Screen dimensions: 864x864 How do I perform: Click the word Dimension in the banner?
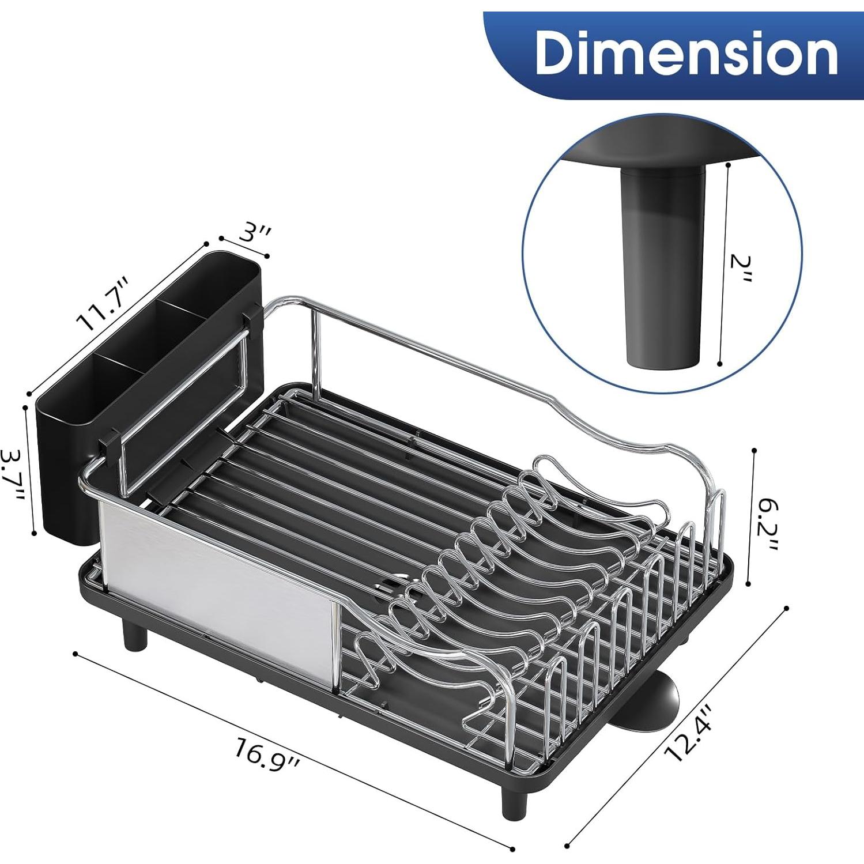(x=686, y=53)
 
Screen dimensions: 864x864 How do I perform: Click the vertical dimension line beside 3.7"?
(x=29, y=470)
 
